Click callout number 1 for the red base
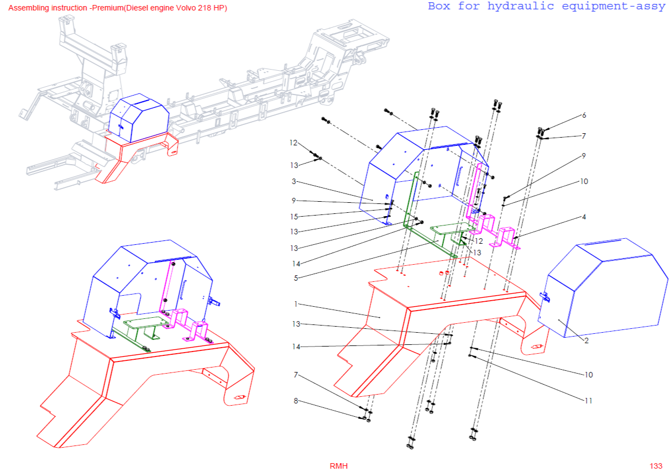pos(296,304)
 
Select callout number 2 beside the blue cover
pos(586,340)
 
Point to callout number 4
pos(584,217)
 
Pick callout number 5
pos(296,278)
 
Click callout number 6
pos(584,116)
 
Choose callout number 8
pos(296,401)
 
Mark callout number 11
pos(588,401)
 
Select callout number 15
pos(295,216)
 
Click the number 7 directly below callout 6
pos(584,136)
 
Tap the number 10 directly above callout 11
pos(588,375)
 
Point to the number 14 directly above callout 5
pos(296,263)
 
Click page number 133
pos(656,466)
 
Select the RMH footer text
pos(339,466)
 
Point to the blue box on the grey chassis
pos(138,117)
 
